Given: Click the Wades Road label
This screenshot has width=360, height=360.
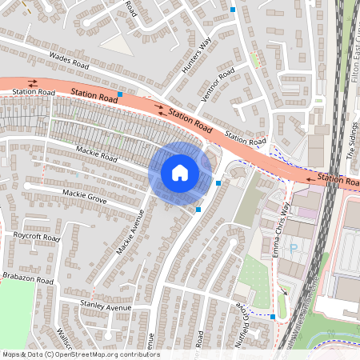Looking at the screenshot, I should point(67,60).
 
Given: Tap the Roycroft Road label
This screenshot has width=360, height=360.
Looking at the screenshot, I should point(36,237).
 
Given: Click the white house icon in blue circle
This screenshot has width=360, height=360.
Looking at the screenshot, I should point(180,172).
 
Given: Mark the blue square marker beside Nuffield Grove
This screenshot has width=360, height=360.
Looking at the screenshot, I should point(273,317).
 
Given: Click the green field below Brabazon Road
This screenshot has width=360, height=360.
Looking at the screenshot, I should point(16,316).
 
